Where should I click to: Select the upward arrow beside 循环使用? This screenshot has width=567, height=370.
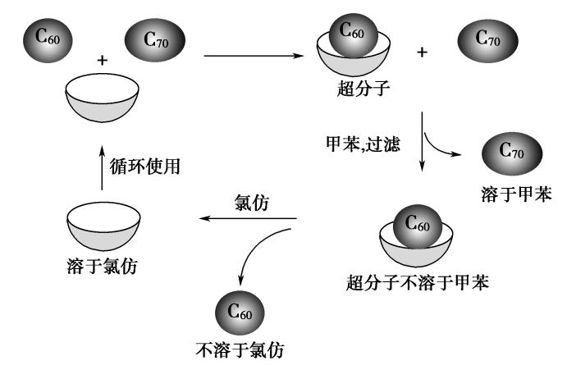tap(101, 167)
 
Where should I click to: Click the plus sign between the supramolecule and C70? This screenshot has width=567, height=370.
tap(423, 52)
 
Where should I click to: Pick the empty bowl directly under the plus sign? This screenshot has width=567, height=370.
tap(101, 96)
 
